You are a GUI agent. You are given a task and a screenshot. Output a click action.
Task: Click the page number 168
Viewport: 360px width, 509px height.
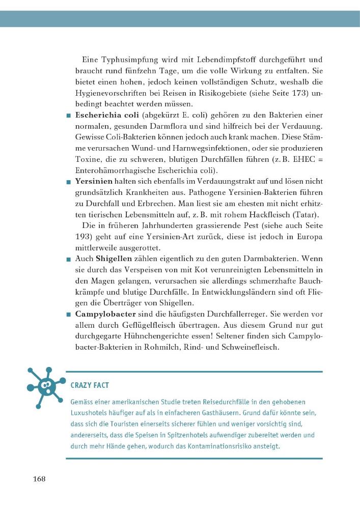[39, 479]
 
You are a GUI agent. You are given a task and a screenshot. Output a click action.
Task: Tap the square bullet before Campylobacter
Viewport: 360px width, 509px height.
[68, 313]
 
